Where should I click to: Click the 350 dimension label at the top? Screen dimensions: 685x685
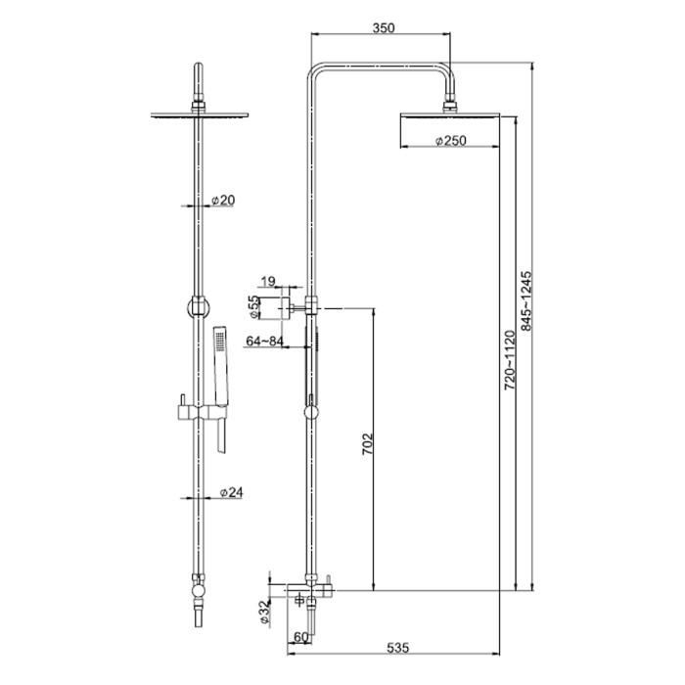pos(384,28)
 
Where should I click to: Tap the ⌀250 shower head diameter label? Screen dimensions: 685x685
pos(451,141)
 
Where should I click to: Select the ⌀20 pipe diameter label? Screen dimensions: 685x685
pos(223,200)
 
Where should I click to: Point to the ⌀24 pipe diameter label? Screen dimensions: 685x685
pos(232,493)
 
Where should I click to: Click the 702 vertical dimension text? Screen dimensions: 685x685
pos(368,444)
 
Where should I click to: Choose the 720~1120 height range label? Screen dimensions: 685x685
pos(510,360)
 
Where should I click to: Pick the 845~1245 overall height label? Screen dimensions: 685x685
pos(526,301)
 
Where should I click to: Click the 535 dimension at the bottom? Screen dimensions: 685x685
pos(398,648)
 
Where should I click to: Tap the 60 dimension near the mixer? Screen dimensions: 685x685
pos(301,637)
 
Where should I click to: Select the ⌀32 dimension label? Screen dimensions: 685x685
pos(265,612)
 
